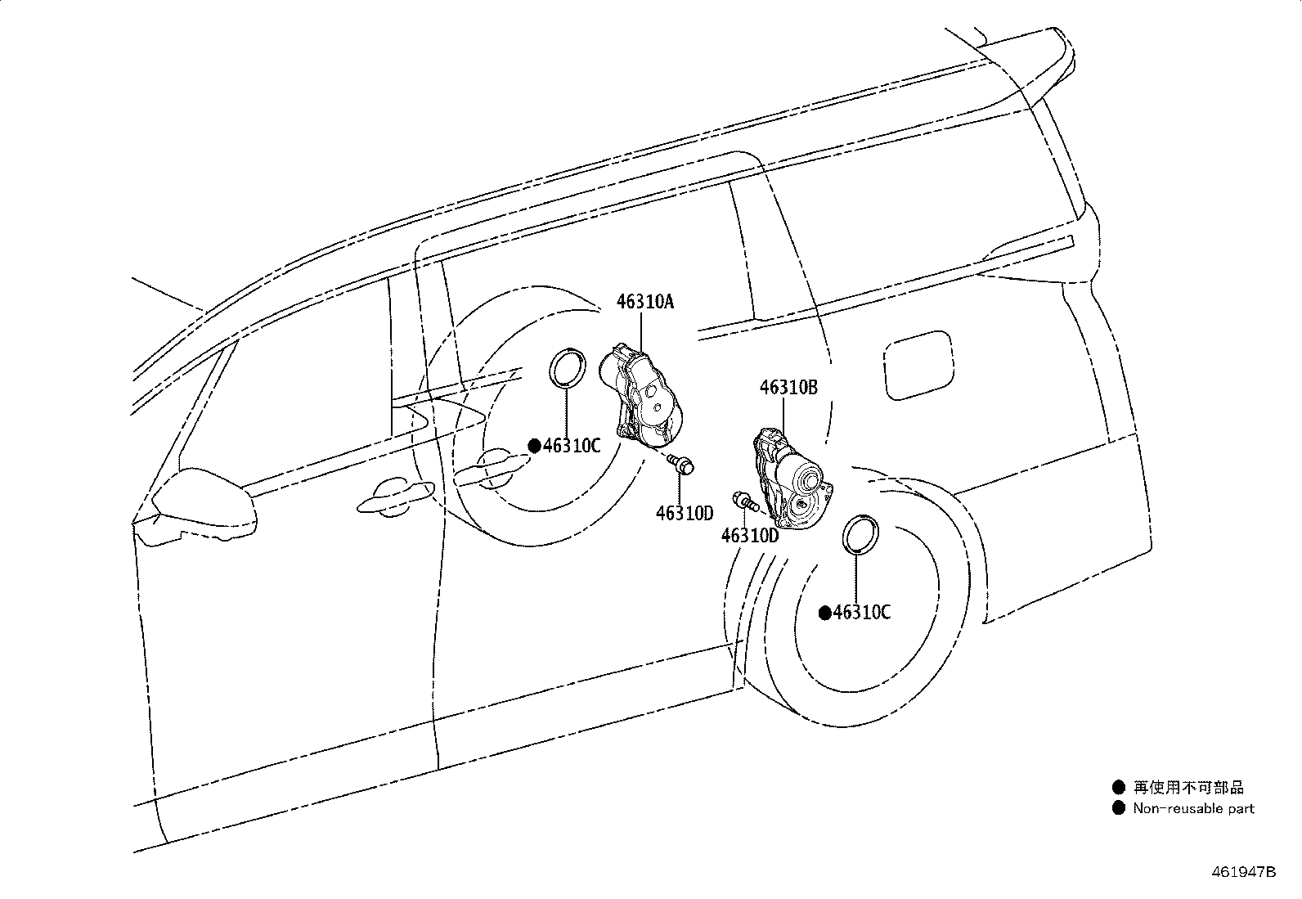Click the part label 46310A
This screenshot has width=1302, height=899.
[x=644, y=302]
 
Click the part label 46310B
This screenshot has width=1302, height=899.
[x=788, y=387]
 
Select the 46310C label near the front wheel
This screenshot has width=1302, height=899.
[x=572, y=446]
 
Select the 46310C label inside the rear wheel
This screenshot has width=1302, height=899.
[x=861, y=613]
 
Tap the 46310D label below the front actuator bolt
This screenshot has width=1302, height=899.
[x=685, y=513]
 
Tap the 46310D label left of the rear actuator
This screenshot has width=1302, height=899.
[x=749, y=536]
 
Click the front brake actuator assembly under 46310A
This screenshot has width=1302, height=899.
[x=640, y=396]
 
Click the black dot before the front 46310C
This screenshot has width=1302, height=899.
[x=534, y=446]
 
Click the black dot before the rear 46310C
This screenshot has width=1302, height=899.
[x=825, y=613]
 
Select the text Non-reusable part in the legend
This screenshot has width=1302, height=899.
[x=1193, y=808]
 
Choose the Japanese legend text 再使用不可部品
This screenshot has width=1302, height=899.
[x=1188, y=788]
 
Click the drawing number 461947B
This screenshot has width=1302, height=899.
[x=1243, y=872]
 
